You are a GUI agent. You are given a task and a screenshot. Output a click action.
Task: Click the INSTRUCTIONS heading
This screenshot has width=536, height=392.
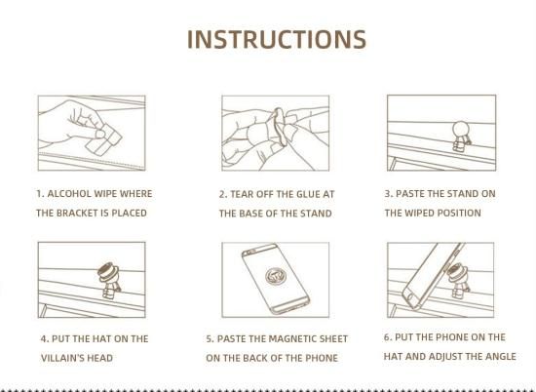pyautogui.click(x=277, y=39)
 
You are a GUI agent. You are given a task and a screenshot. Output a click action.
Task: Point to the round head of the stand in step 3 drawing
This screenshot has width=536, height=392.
pyautogui.click(x=460, y=130)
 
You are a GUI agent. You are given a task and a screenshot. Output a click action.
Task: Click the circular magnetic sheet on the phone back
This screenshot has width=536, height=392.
pyautogui.click(x=276, y=275)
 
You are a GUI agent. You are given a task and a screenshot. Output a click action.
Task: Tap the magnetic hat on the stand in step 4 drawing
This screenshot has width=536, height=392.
pyautogui.click(x=108, y=271)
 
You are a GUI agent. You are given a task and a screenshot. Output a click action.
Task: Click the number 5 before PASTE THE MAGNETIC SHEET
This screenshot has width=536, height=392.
pyautogui.click(x=210, y=338)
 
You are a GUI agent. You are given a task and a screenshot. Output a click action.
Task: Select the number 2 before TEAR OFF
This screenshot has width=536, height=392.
pyautogui.click(x=223, y=194)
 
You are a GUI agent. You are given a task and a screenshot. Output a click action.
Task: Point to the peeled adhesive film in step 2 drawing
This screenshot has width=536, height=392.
pyautogui.click(x=279, y=127)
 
